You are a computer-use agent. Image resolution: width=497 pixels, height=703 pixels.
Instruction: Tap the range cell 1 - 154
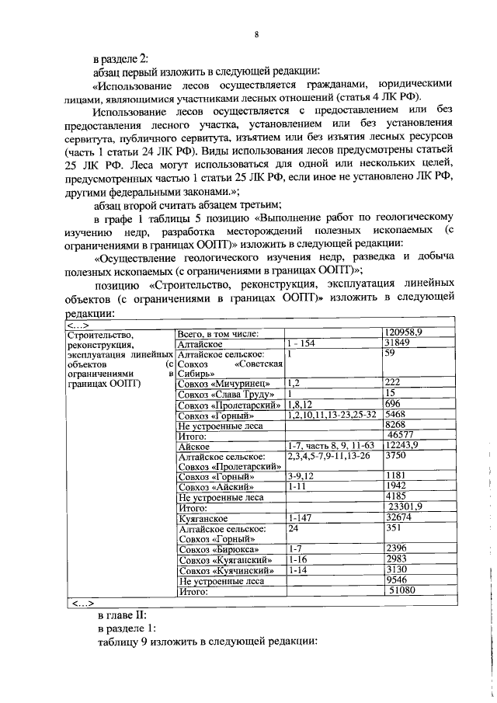click(301, 343)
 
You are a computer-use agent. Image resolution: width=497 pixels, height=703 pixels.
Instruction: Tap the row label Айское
click(193, 446)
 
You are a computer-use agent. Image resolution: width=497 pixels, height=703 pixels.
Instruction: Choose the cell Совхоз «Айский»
click(216, 485)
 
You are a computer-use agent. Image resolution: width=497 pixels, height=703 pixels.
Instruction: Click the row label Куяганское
click(202, 517)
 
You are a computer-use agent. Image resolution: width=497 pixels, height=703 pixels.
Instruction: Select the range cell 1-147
click(299, 517)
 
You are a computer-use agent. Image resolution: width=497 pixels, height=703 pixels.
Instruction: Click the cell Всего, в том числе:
click(217, 332)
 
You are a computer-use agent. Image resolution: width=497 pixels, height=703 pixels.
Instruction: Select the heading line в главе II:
click(122, 614)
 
